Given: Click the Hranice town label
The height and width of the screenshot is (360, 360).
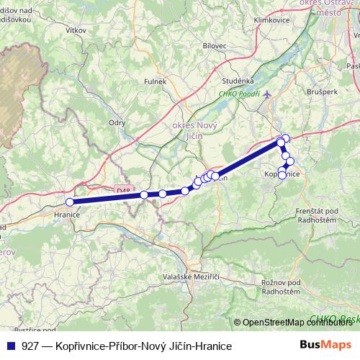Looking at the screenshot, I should pos(67,214).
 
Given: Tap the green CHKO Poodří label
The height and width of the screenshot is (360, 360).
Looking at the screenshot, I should pos(239,94).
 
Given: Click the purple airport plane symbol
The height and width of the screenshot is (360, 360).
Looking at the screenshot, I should pos(269,94).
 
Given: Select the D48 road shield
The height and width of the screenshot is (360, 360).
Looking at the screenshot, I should pos(122,190).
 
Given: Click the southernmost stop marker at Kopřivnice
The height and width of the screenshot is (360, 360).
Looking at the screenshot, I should pos(282,175).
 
